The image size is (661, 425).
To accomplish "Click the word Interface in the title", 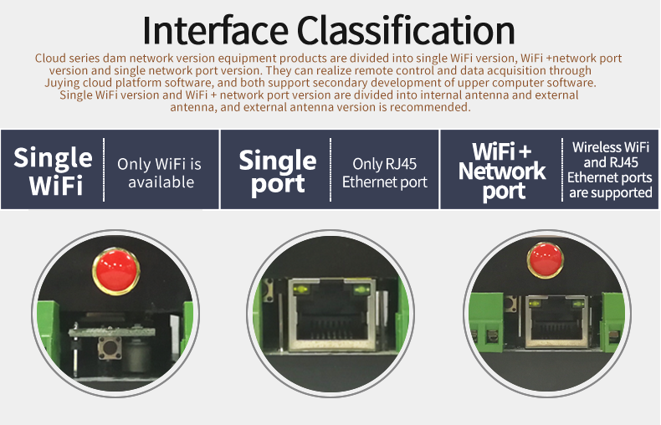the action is [215, 30].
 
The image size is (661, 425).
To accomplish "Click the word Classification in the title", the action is [406, 30].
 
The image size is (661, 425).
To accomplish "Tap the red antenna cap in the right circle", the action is [546, 260].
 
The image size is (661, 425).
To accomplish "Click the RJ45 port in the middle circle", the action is [333, 315].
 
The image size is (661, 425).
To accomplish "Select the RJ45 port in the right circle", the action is [556, 321].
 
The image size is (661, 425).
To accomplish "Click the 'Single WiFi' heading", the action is [54, 171].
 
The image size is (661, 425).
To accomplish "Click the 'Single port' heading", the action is [278, 172].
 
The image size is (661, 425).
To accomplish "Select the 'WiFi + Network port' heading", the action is [502, 171].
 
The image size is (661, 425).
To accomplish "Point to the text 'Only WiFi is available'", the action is [159, 173].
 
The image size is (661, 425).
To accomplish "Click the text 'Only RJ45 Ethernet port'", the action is [384, 173].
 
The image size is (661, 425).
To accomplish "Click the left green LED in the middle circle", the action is [300, 289].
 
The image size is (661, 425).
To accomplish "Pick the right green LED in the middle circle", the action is [361, 289].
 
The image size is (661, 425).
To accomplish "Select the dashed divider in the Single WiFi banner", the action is [104, 170].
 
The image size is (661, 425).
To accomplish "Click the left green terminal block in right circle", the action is [485, 322].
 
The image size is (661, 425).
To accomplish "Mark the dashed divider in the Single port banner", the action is [330, 170].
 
